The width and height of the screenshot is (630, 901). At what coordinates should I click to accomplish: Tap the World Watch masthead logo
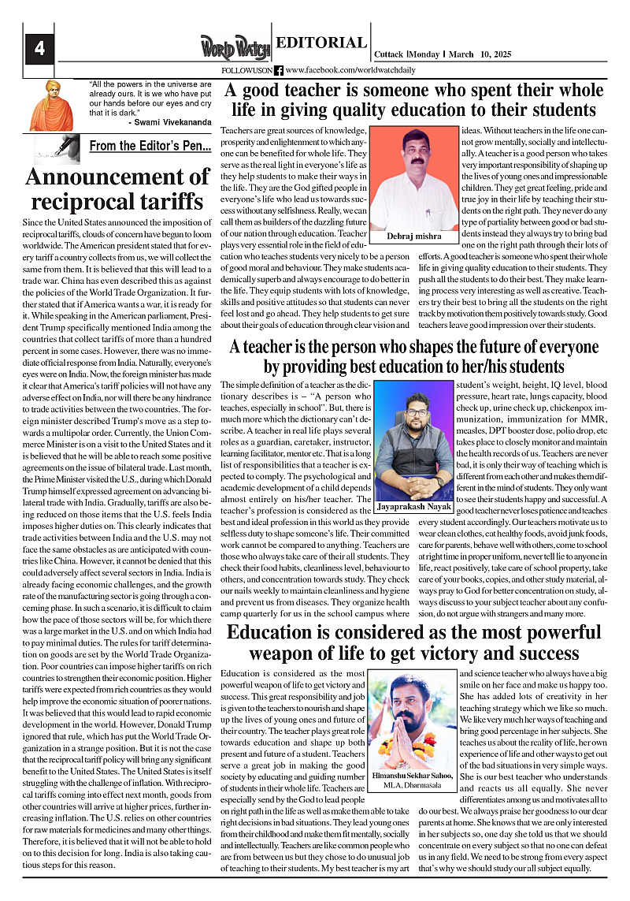(x=234, y=47)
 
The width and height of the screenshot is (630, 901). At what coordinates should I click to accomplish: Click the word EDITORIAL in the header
(x=321, y=43)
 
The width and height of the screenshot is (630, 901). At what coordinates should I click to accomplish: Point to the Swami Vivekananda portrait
(x=50, y=104)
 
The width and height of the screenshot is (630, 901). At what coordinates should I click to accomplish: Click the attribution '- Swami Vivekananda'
(x=169, y=123)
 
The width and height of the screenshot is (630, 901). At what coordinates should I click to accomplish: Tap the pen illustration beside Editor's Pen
(x=57, y=146)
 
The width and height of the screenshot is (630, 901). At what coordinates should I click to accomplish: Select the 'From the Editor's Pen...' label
(x=150, y=146)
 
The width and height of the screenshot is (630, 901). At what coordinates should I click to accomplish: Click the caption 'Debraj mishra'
(x=414, y=236)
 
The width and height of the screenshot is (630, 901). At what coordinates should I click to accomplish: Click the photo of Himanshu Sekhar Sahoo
(x=413, y=721)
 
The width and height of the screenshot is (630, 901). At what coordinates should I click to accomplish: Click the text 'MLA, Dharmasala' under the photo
(x=413, y=786)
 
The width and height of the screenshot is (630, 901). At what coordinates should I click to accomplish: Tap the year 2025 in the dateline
(x=496, y=54)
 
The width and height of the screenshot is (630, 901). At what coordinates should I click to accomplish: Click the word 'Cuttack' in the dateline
(x=389, y=54)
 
